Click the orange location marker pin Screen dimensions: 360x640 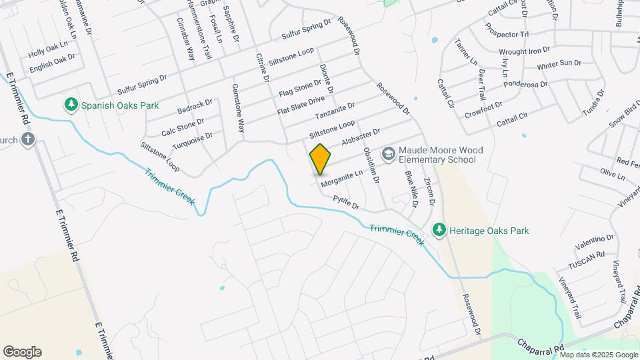pyautogui.click(x=320, y=159)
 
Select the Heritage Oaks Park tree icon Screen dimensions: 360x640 pyautogui.click(x=439, y=231)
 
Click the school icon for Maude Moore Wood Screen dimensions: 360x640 pyautogui.click(x=388, y=154)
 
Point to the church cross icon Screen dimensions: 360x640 pyautogui.click(x=27, y=139)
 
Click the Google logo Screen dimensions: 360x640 pyautogui.click(x=22, y=352)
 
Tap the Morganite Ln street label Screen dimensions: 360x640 pyautogui.click(x=341, y=177)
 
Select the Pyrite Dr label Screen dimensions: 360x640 pyautogui.click(x=346, y=203)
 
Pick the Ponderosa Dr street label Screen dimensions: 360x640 pyautogui.click(x=525, y=85)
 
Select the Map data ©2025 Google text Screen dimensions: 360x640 pyautogui.click(x=599, y=355)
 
